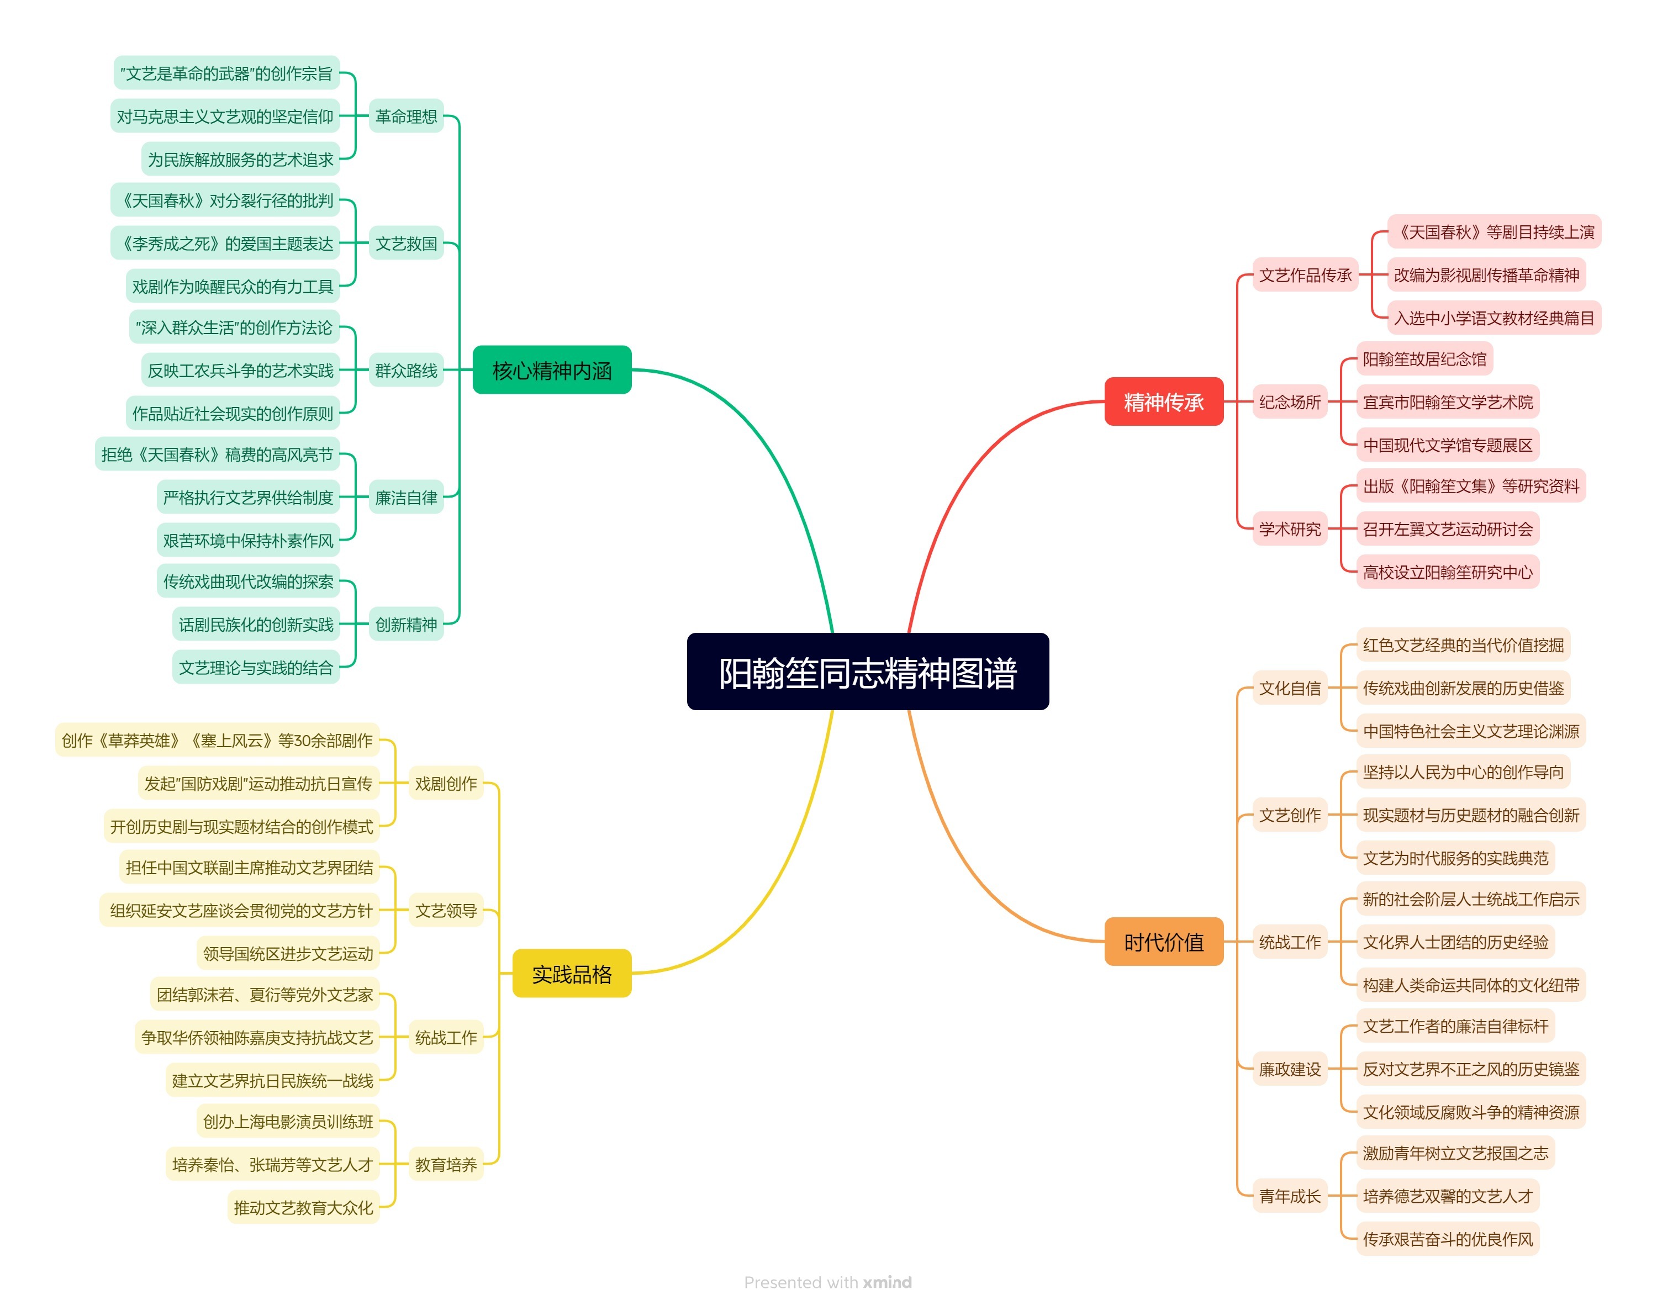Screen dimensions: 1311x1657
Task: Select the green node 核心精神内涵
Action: point(551,370)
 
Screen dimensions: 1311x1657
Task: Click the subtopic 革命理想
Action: point(405,116)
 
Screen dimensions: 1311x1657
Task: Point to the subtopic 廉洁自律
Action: point(405,498)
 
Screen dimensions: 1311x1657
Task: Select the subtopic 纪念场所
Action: point(1289,401)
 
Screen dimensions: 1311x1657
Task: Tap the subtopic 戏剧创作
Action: point(445,783)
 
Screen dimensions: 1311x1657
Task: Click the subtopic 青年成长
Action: point(1289,1195)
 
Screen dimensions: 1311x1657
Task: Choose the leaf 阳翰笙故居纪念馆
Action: point(1424,358)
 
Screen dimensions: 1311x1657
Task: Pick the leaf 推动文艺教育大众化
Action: point(303,1207)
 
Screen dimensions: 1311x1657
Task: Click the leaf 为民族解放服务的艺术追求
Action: point(240,159)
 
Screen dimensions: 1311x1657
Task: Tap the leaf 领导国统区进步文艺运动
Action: point(288,953)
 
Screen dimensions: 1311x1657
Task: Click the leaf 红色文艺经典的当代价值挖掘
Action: point(1462,645)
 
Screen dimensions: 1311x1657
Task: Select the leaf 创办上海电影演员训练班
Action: point(288,1122)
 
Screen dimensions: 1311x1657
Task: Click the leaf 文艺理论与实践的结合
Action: point(256,667)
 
